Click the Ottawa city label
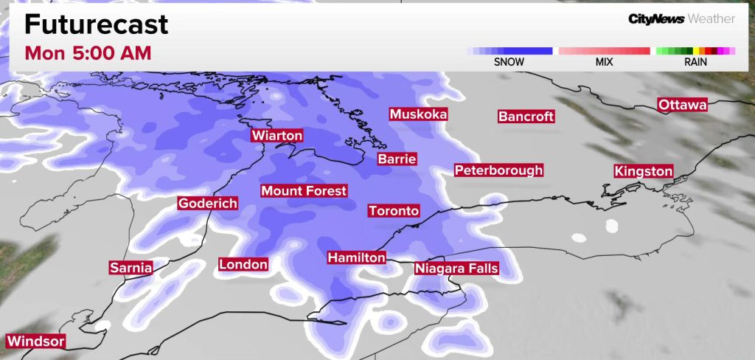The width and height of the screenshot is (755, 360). (682, 105)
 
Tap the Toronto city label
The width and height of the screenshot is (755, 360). (394, 211)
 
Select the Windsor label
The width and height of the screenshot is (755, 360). (35, 342)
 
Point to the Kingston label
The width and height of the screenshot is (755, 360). (644, 171)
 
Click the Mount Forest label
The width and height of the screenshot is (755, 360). (304, 191)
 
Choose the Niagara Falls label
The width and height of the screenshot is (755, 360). (456, 269)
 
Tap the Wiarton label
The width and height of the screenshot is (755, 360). (277, 136)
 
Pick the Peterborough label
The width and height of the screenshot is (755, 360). (498, 170)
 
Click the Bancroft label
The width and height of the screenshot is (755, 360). (526, 117)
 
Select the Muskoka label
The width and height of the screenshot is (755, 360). (418, 114)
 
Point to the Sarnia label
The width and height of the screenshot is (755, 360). (131, 268)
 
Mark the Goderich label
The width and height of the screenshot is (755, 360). (208, 204)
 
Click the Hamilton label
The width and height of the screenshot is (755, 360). (357, 257)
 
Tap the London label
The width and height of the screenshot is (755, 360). (243, 264)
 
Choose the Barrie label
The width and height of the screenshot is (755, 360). (397, 159)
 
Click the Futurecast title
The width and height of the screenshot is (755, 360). (96, 24)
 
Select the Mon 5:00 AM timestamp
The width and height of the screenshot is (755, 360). (88, 53)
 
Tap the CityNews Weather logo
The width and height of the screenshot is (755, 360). (681, 18)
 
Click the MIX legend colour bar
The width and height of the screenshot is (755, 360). (604, 51)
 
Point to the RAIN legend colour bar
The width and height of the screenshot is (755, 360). (695, 51)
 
